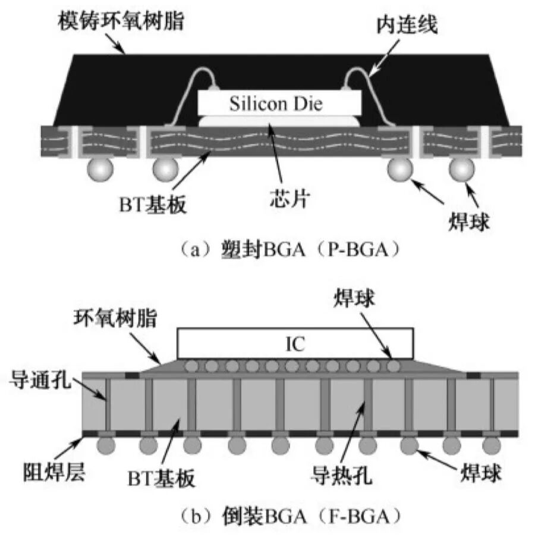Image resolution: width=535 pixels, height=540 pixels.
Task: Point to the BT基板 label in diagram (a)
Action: [x=150, y=205]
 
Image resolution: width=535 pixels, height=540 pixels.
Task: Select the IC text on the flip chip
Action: [x=295, y=343]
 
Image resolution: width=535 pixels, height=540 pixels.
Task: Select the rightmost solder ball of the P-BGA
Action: [x=462, y=169]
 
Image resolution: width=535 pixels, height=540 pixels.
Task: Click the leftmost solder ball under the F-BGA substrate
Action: [x=106, y=444]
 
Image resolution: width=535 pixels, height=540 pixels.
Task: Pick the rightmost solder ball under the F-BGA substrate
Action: [x=491, y=444]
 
